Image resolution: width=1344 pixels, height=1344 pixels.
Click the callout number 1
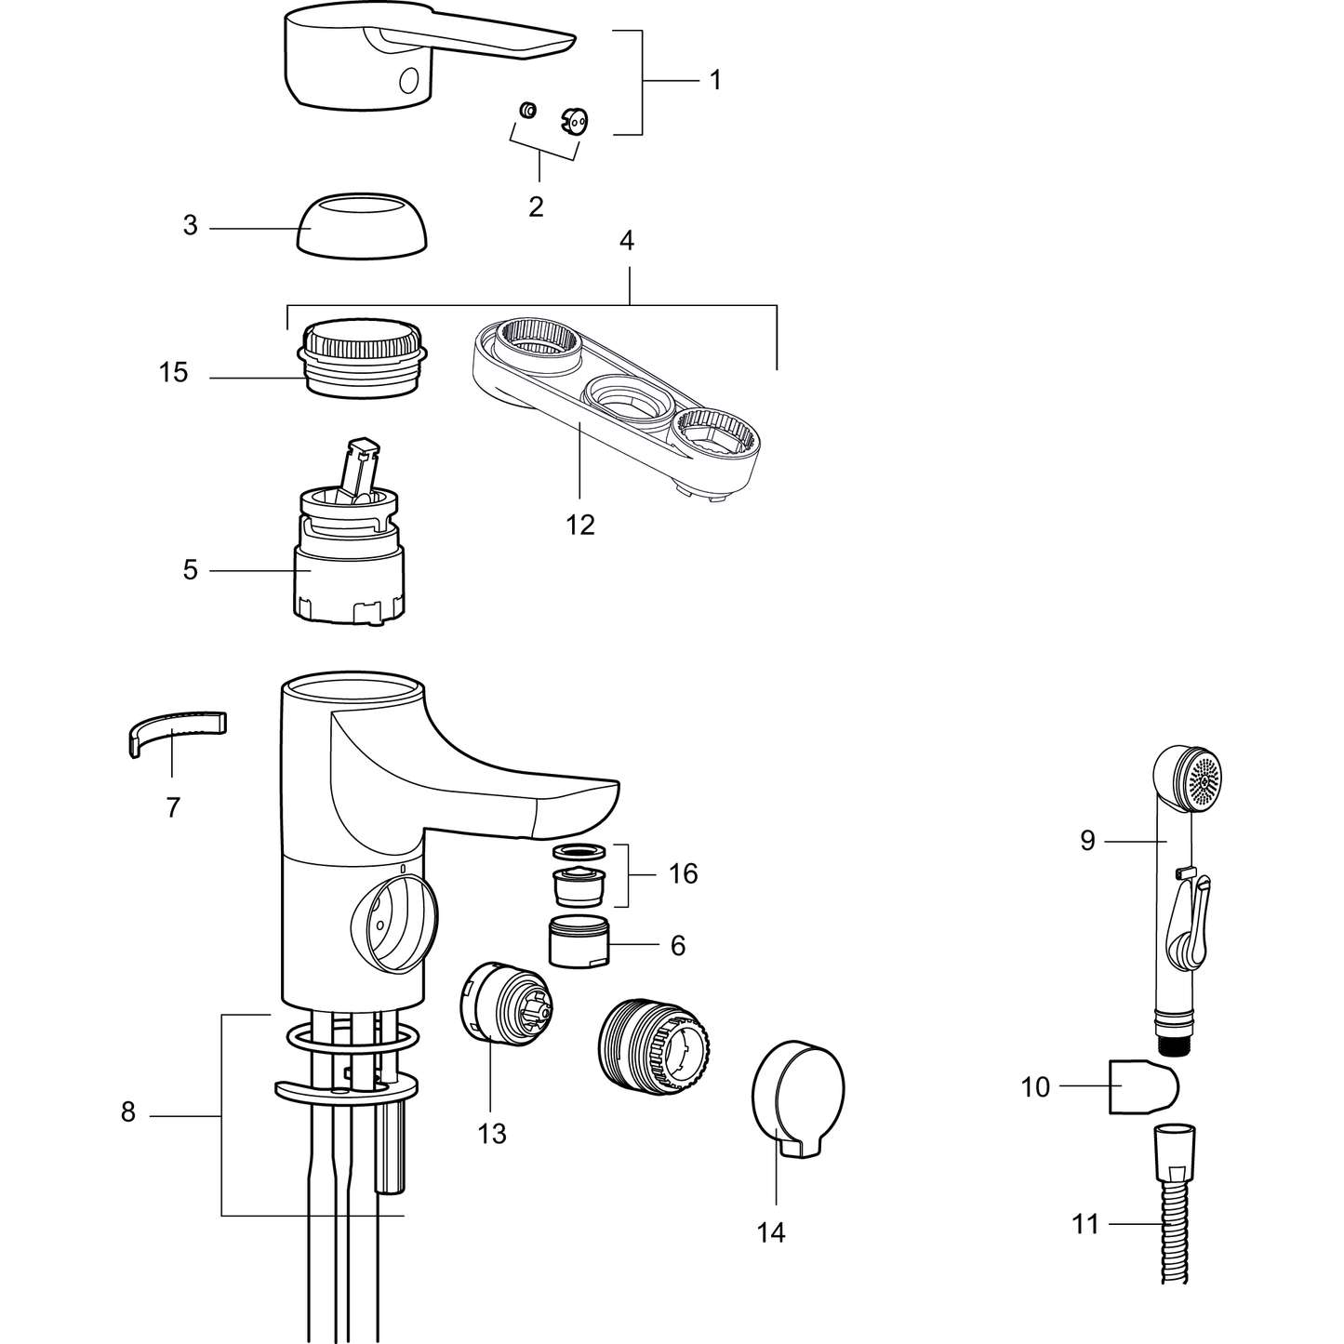point(715,80)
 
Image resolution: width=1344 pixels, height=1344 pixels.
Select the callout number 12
point(580,526)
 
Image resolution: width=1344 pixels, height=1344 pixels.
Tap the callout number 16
point(683,873)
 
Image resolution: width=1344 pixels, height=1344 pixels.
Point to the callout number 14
point(771,1233)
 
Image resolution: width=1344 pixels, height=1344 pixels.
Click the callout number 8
point(127,1112)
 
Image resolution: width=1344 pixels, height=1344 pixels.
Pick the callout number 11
point(1085,1224)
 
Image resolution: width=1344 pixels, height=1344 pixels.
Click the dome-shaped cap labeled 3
point(363,227)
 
